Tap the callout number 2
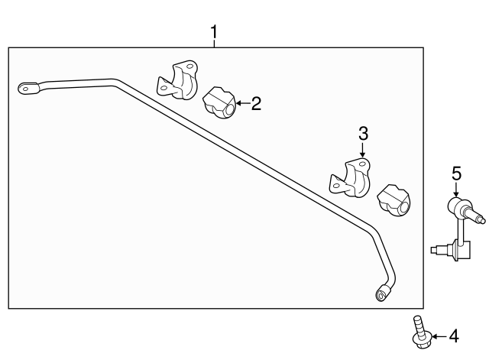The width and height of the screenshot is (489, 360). (256, 103)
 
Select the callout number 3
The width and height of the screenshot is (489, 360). (363, 134)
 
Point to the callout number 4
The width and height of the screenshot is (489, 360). (453, 335)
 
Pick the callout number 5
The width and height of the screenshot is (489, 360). (456, 174)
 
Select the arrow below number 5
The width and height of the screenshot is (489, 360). (456, 190)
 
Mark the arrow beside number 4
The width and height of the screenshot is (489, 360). (437, 335)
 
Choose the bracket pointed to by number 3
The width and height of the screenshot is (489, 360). (350, 177)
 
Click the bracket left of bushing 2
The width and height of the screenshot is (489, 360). (178, 79)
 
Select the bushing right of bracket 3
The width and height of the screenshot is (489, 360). (394, 200)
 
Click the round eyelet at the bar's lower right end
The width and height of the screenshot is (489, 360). (381, 295)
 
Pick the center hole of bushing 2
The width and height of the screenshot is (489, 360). (227, 112)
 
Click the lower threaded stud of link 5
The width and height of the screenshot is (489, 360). (437, 248)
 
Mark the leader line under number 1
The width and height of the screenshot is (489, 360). (215, 44)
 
